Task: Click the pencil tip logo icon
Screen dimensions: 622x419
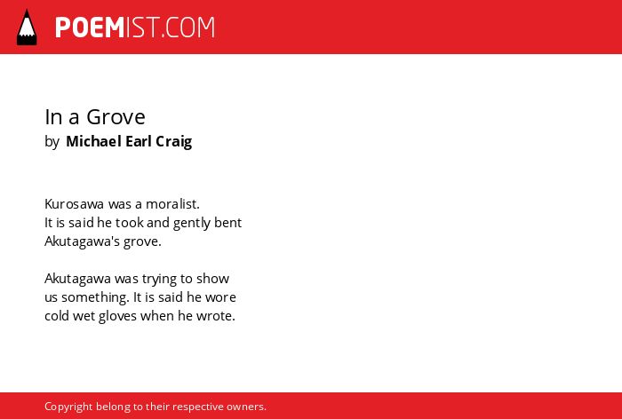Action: pyautogui.click(x=27, y=28)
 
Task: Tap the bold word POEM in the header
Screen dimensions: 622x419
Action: pyautogui.click(x=90, y=28)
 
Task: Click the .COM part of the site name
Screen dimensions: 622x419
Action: pyautogui.click(x=188, y=28)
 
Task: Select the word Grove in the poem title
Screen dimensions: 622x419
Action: pyautogui.click(x=116, y=117)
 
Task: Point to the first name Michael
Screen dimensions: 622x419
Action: pyautogui.click(x=93, y=141)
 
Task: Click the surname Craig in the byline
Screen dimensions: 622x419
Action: pyautogui.click(x=174, y=142)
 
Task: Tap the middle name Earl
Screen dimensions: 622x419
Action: pyautogui.click(x=138, y=141)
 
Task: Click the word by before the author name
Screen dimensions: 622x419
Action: pyautogui.click(x=52, y=142)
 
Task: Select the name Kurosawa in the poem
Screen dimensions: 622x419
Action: pyautogui.click(x=74, y=204)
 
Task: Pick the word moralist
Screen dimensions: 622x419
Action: pyautogui.click(x=172, y=204)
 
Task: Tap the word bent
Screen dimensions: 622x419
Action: pyautogui.click(x=228, y=223)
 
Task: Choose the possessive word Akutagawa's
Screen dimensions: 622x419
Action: pyautogui.click(x=82, y=241)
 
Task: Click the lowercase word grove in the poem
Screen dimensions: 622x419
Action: pyautogui.click(x=142, y=242)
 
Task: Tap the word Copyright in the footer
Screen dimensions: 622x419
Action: pyautogui.click(x=68, y=407)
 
